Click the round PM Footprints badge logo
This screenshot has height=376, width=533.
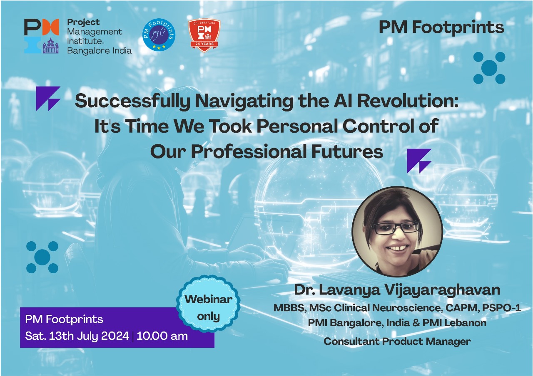click(159, 35)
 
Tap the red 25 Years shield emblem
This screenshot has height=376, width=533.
click(204, 35)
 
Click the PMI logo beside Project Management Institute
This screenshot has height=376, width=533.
click(42, 36)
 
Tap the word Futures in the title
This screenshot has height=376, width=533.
click(347, 152)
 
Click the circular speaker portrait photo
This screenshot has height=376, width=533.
click(397, 232)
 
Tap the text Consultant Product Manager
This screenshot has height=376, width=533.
click(397, 341)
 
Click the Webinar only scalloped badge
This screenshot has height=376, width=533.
click(209, 304)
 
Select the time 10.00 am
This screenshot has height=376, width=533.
click(162, 336)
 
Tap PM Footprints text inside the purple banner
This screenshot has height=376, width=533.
click(64, 319)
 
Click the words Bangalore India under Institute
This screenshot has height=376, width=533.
click(99, 51)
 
